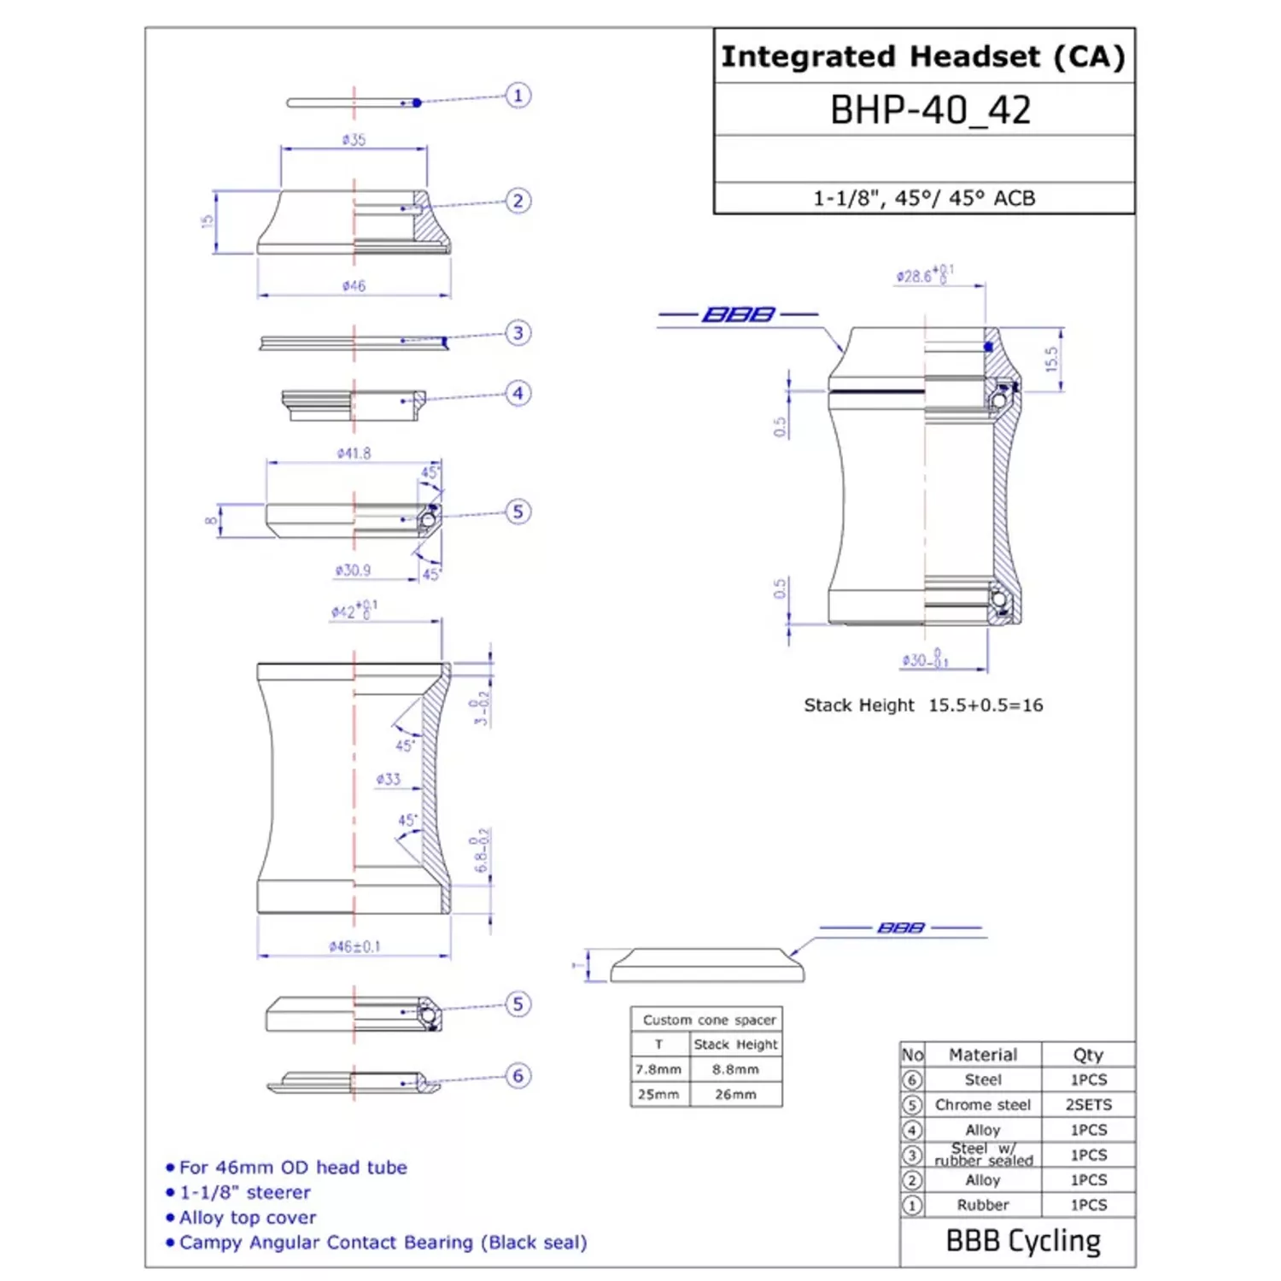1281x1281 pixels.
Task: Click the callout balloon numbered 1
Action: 518,95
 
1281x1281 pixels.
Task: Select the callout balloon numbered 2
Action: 518,201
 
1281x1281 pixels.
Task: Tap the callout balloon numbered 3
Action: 518,332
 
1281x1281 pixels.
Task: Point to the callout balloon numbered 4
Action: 518,393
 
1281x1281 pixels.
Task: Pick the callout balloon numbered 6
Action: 518,1075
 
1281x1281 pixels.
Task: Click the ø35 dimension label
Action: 354,139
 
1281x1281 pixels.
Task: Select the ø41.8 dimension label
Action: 354,453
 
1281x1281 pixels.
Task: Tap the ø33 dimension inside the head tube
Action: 388,779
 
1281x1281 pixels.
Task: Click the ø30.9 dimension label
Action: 353,570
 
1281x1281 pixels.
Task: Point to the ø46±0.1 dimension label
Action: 354,946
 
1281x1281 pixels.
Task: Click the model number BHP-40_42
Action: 930,110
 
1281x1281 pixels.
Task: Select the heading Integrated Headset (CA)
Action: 923,56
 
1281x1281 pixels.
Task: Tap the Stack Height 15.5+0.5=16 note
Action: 923,705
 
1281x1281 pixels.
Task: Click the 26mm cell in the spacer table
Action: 735,1094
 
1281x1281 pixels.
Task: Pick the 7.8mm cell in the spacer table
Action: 658,1069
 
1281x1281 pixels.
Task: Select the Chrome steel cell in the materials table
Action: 982,1105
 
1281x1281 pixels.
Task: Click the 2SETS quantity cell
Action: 1088,1105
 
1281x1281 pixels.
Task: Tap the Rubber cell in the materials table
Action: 982,1205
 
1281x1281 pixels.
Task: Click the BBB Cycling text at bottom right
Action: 1023,1241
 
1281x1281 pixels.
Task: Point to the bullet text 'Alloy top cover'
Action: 248,1218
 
